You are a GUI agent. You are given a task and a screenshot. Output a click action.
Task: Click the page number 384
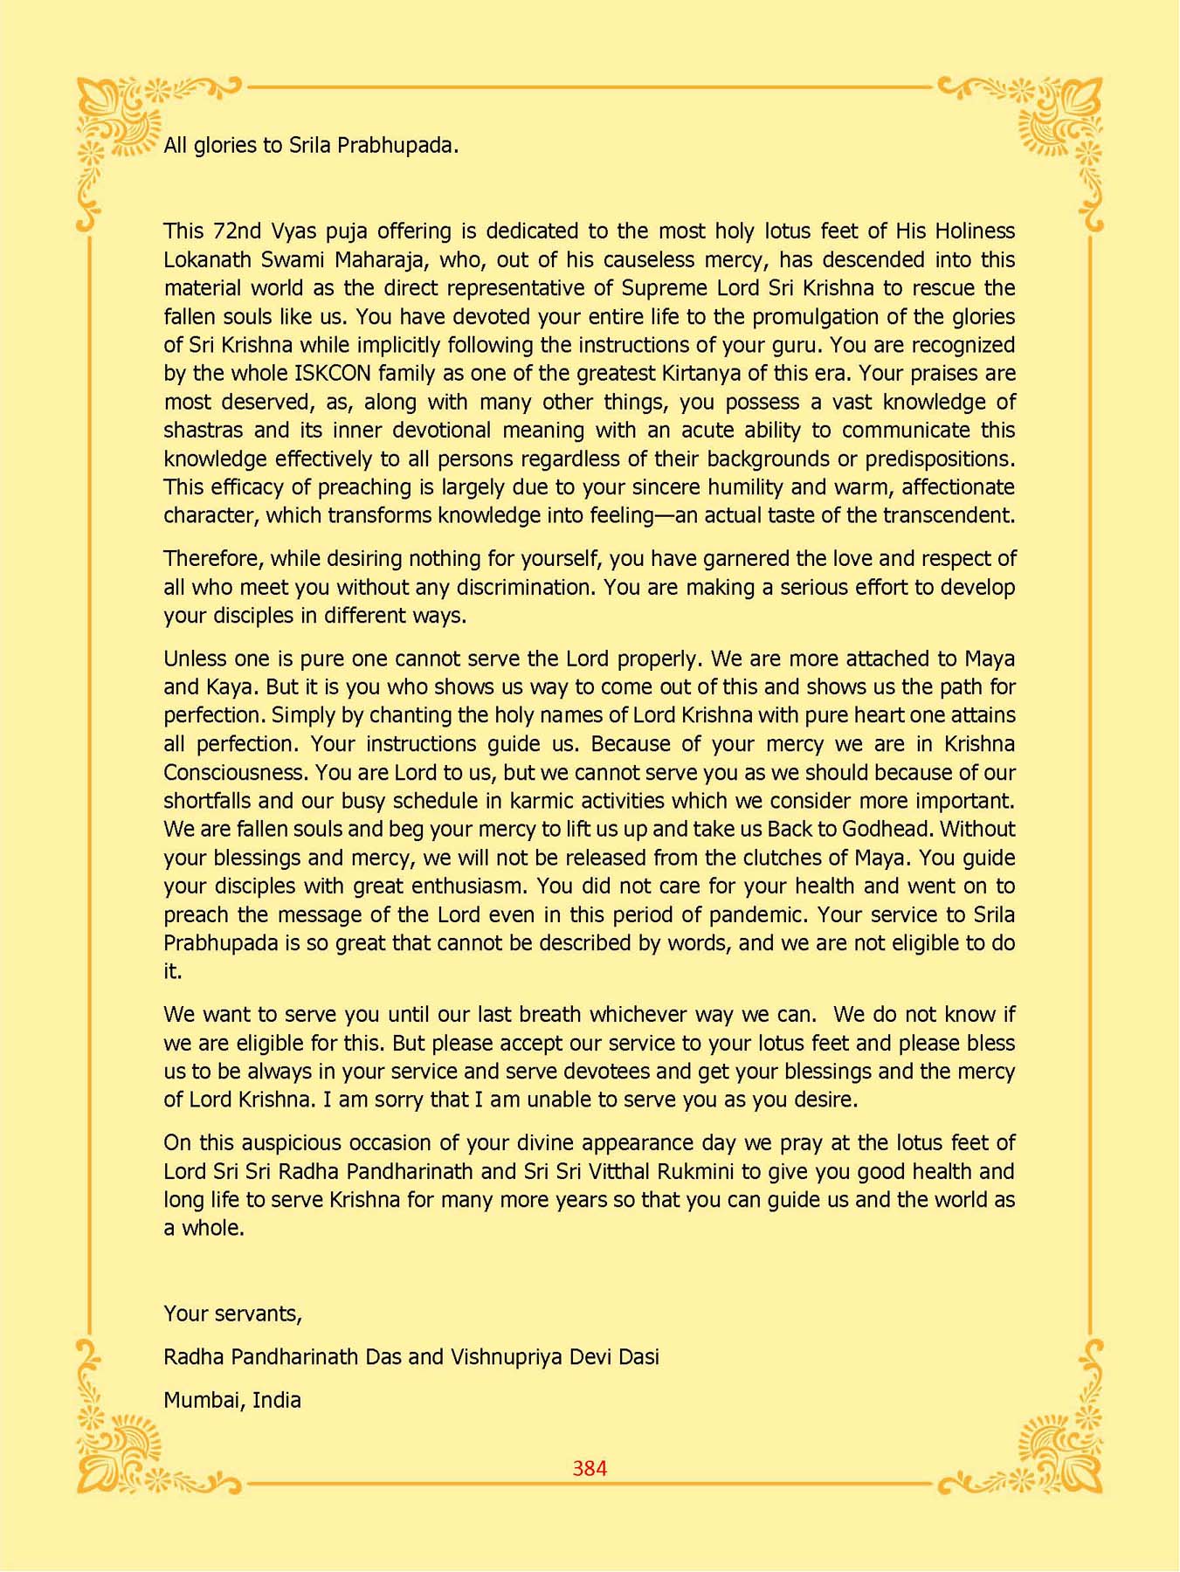590,1468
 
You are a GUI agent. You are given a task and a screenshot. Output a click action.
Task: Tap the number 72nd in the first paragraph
238,231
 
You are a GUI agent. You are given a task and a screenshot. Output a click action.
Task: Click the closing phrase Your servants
232,1313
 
